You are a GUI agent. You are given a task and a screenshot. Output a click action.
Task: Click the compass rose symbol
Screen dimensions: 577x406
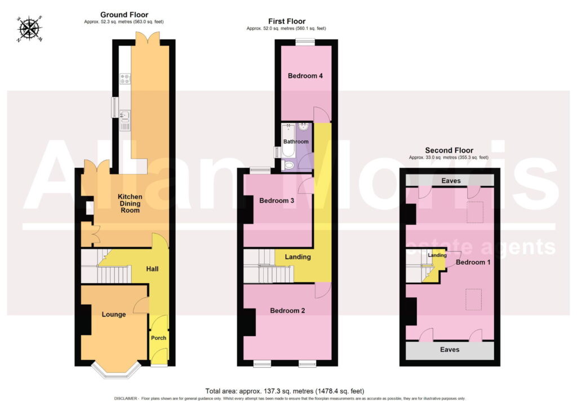pyautogui.click(x=30, y=29)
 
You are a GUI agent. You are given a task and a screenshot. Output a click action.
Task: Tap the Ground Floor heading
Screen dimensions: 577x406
pyautogui.click(x=124, y=15)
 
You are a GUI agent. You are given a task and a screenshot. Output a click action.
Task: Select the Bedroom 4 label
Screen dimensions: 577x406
pyautogui.click(x=305, y=76)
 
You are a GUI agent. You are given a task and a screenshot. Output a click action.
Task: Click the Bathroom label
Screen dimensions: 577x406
pyautogui.click(x=296, y=141)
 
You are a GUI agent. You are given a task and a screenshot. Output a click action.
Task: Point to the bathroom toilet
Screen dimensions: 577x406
pyautogui.click(x=289, y=165)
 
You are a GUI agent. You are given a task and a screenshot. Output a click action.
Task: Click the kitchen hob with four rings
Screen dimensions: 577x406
pyautogui.click(x=125, y=79)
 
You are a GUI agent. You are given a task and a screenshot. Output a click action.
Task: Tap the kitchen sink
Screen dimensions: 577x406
pyautogui.click(x=125, y=115)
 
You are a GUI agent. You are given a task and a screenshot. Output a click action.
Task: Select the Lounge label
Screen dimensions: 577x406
pyautogui.click(x=114, y=314)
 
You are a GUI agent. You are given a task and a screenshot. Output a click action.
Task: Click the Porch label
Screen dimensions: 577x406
pyautogui.click(x=158, y=338)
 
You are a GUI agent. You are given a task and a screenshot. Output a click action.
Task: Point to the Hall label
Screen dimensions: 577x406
pyautogui.click(x=152, y=269)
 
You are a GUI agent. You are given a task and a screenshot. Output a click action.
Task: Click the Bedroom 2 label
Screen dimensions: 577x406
pyautogui.click(x=287, y=311)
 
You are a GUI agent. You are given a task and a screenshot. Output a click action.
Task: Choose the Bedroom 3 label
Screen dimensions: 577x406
pyautogui.click(x=276, y=200)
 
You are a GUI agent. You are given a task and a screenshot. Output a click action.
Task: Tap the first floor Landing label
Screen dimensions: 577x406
pyautogui.click(x=298, y=257)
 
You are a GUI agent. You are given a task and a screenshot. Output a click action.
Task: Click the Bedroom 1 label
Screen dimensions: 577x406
pyautogui.click(x=473, y=262)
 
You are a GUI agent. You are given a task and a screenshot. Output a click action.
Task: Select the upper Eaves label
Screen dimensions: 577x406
pyautogui.click(x=451, y=181)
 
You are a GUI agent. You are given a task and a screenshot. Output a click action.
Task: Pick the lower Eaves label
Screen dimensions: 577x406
pyautogui.click(x=450, y=349)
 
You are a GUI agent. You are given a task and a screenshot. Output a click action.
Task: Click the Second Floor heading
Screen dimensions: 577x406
pyautogui.click(x=449, y=150)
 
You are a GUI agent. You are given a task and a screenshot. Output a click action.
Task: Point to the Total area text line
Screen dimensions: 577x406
pyautogui.click(x=285, y=391)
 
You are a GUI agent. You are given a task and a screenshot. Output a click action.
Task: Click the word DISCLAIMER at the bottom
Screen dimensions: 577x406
pyautogui.click(x=126, y=399)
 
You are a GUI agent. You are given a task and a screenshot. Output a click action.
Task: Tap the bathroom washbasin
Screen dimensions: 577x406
pyautogui.click(x=304, y=127)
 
